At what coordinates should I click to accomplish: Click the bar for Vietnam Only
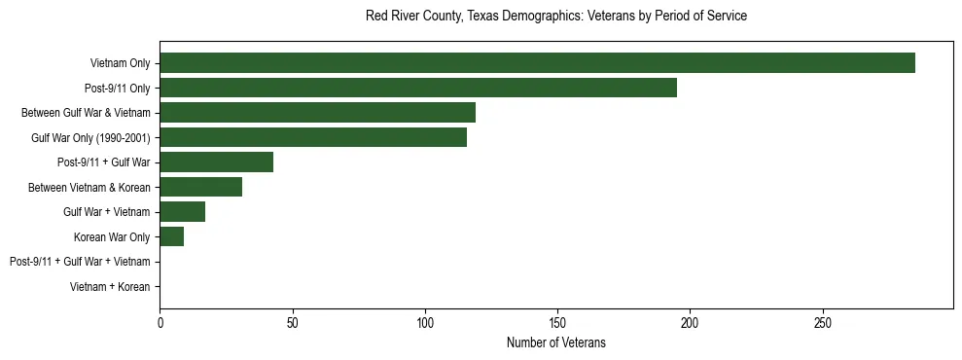(537, 63)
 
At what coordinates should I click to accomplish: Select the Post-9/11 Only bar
(418, 88)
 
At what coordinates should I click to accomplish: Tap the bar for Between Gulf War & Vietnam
(317, 113)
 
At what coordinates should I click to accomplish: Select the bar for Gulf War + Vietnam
(182, 212)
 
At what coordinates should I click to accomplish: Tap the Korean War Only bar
(171, 236)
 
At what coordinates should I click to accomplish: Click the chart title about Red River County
(555, 17)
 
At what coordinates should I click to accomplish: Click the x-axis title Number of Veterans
(555, 342)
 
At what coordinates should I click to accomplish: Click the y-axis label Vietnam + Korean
(110, 287)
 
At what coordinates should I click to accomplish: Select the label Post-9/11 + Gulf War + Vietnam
(80, 262)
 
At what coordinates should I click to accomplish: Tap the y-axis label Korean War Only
(112, 237)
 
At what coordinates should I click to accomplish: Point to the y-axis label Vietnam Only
(120, 63)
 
